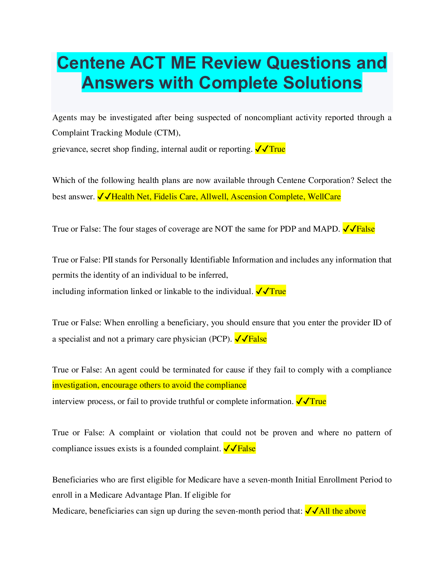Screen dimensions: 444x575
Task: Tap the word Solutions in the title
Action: pyautogui.click(x=322, y=83)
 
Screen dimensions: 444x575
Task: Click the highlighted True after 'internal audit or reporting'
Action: pyautogui.click(x=277, y=149)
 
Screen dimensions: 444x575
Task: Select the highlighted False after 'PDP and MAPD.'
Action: pyautogui.click(x=365, y=229)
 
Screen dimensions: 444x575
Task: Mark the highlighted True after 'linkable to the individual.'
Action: pyautogui.click(x=277, y=291)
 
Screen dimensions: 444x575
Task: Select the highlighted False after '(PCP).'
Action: pyautogui.click(x=258, y=339)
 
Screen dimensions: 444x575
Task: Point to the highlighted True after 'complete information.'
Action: pyautogui.click(x=318, y=401)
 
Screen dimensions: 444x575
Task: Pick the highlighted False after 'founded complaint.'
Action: pyautogui.click(x=246, y=449)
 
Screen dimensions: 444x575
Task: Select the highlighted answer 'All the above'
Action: pyautogui.click(x=342, y=511)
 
